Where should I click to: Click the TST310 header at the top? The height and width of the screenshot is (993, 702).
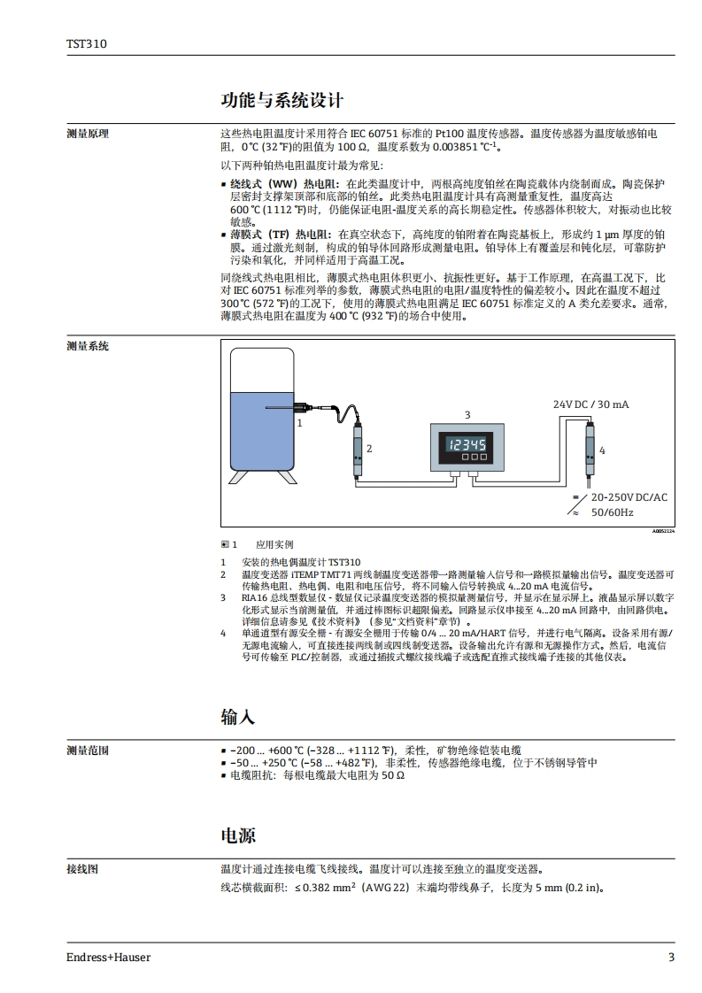pos(86,42)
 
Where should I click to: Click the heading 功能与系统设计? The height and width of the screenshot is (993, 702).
pos(282,100)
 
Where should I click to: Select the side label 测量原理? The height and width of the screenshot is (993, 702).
pos(87,134)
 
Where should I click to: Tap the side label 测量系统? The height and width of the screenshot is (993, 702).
pos(87,346)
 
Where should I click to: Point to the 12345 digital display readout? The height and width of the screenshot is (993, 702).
pos(467,444)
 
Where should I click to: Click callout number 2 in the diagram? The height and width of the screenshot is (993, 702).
pos(369,449)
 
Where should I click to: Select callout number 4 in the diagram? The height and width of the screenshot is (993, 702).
pos(602,450)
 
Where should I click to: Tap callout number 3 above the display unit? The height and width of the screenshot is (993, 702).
pos(467,414)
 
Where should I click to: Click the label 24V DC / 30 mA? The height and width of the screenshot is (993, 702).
pos(590,404)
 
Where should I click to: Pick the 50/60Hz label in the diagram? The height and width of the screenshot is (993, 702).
pos(612,512)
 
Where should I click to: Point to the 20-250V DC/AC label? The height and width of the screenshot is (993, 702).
pos(629,497)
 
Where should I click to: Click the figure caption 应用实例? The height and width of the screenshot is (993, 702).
pos(274,544)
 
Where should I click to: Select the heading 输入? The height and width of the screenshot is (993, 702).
pos(237,716)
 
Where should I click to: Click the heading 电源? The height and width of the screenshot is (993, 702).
pos(237,835)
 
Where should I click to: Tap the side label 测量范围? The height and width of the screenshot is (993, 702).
pos(87,751)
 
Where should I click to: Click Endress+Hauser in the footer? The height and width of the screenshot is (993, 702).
pos(108,957)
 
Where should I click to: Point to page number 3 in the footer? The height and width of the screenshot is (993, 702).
pos(671,957)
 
